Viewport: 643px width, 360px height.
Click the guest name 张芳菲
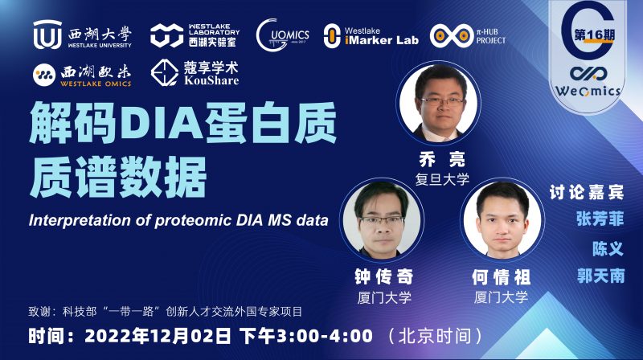pyautogui.click(x=599, y=219)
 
